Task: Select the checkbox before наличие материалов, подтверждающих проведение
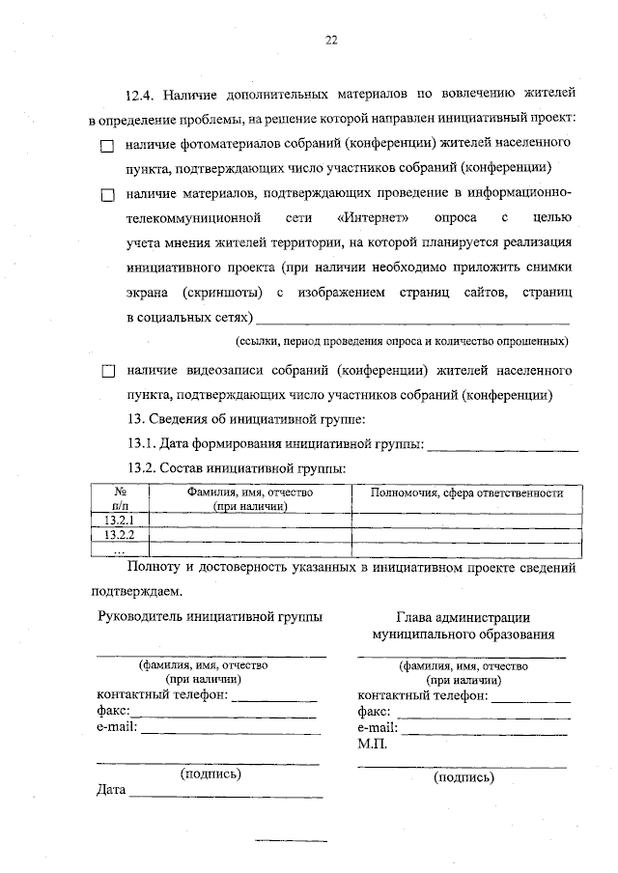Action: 107,194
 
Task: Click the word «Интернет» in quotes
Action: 381,217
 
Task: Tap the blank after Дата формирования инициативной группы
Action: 502,446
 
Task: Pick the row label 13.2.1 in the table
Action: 119,521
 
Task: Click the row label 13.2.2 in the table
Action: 119,535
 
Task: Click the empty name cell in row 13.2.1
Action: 249,521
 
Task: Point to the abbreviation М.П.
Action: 372,745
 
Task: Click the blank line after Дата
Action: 226,795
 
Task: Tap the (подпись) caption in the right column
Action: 463,776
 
